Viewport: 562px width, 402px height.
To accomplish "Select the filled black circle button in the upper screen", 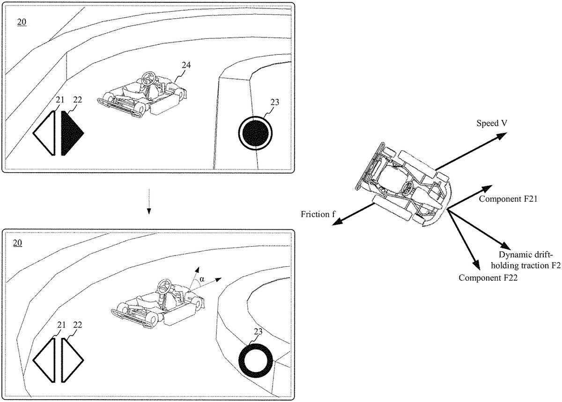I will [255, 133].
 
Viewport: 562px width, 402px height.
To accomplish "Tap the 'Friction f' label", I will [318, 214].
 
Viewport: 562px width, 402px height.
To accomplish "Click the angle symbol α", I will [202, 279].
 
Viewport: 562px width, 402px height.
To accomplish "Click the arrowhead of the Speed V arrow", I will [503, 135].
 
